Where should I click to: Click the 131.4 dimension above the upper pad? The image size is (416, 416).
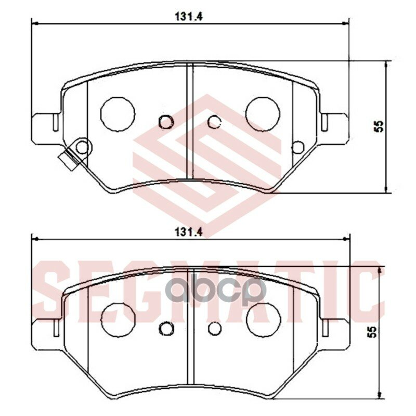click(189, 17)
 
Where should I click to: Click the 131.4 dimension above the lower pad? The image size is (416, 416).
click(189, 232)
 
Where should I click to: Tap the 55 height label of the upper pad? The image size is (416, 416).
click(380, 126)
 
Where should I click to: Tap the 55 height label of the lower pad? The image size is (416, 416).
click(373, 332)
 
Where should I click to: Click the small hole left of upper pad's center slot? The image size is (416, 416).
click(166, 122)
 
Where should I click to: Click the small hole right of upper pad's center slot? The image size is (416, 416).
click(214, 122)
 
